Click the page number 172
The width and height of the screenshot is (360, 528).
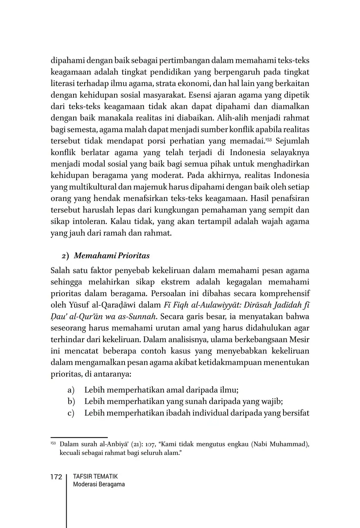pyautogui.click(x=56, y=477)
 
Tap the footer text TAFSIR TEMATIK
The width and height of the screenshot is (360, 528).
pyautogui.click(x=95, y=476)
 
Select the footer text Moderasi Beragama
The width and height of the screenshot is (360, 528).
pyautogui.click(x=99, y=484)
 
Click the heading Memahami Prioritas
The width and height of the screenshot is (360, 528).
pyautogui.click(x=112, y=256)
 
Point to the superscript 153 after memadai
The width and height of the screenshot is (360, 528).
pyautogui.click(x=269, y=139)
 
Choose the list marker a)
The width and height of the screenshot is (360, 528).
pyautogui.click(x=71, y=390)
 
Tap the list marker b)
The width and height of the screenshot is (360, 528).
pyautogui.click(x=71, y=401)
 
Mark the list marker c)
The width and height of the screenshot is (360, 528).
pyautogui.click(x=71, y=413)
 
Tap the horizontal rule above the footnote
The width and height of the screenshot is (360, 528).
pyautogui.click(x=79, y=437)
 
